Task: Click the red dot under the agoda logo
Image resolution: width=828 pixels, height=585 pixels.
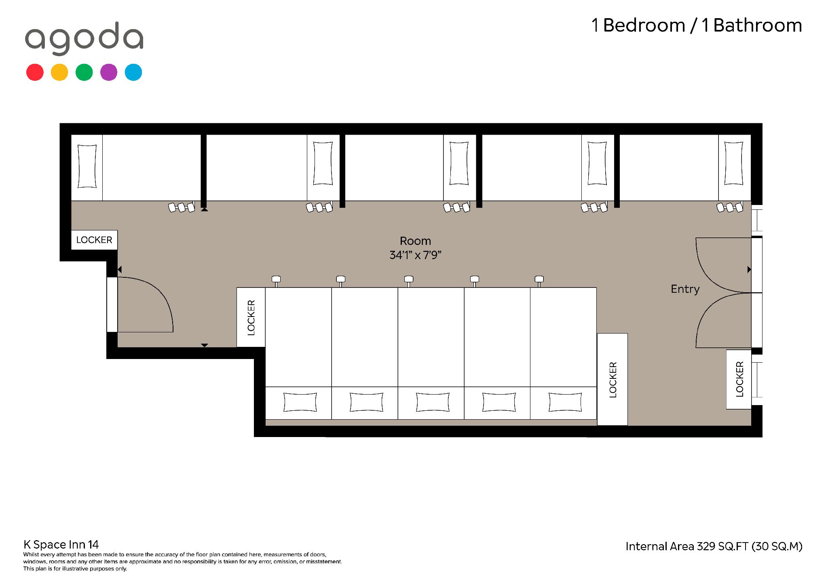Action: (x=35, y=72)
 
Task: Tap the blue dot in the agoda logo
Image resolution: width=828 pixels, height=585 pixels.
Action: (x=133, y=72)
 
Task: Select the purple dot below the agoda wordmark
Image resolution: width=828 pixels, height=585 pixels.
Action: (x=109, y=72)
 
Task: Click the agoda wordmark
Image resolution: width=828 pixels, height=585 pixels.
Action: (x=84, y=38)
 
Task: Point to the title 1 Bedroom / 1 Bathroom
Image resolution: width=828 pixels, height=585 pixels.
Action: (x=697, y=25)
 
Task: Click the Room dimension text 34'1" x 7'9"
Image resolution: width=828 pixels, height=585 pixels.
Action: (x=415, y=255)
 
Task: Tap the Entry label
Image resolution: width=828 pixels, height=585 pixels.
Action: (x=685, y=289)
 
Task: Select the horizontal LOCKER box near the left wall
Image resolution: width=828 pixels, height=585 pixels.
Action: (x=94, y=240)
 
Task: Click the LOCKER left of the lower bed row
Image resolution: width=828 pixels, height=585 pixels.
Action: (x=251, y=317)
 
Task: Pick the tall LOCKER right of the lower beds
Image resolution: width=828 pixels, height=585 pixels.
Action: (x=613, y=379)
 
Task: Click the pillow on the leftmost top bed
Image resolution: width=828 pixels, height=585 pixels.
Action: (x=87, y=166)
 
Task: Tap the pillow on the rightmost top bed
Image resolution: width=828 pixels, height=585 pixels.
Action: (x=733, y=163)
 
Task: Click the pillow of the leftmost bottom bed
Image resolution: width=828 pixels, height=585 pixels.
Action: (x=300, y=402)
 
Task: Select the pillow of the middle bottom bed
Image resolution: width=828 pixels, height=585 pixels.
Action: (x=432, y=402)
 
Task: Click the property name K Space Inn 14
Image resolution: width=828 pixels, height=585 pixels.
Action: (x=61, y=545)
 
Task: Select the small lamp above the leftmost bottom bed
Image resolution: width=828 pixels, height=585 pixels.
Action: (x=276, y=280)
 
